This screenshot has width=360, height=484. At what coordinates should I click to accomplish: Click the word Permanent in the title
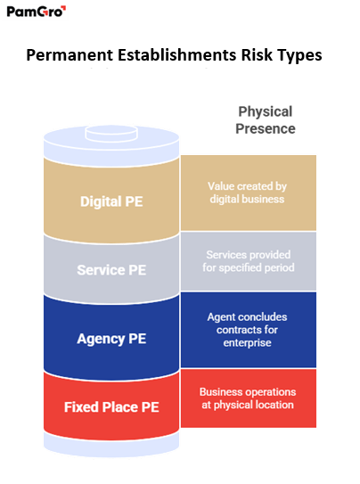(x=67, y=56)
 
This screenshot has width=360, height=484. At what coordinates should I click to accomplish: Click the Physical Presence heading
(x=266, y=119)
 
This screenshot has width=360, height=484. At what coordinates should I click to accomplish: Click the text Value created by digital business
(x=246, y=193)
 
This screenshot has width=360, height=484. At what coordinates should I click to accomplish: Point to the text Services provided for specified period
(x=246, y=260)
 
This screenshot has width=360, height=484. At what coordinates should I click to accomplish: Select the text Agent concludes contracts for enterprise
(x=246, y=329)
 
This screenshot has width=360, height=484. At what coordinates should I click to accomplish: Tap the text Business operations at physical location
(x=246, y=399)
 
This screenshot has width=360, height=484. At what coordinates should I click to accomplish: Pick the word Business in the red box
(x=220, y=392)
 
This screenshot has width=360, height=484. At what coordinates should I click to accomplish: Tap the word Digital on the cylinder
(x=100, y=201)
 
